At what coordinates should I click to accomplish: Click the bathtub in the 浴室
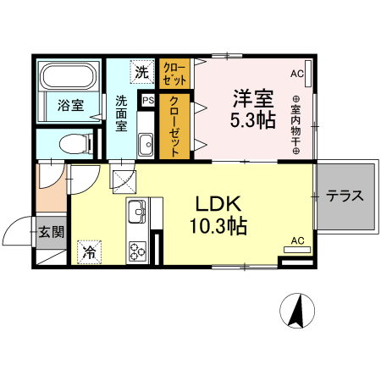click(69, 80)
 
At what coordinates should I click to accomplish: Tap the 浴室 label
click(69, 106)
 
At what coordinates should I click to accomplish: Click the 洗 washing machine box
click(141, 73)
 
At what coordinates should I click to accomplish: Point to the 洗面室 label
click(121, 112)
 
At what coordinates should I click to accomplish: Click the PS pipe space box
click(148, 101)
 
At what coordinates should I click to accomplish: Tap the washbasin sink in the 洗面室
click(145, 141)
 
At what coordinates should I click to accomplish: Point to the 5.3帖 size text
click(253, 119)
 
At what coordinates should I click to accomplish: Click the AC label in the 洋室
click(296, 74)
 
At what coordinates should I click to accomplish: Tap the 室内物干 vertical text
click(296, 125)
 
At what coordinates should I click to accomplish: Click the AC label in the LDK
click(297, 240)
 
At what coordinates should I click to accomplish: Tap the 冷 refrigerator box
click(88, 251)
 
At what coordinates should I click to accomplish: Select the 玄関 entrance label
click(50, 231)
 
